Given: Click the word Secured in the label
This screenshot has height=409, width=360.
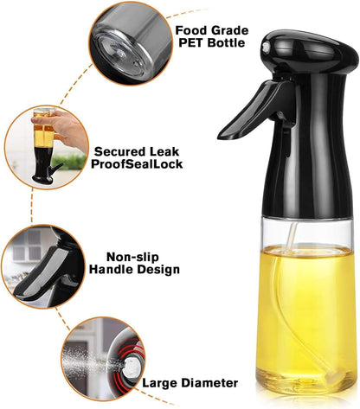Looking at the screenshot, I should click(119, 150).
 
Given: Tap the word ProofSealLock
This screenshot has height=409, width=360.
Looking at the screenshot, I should click(138, 164).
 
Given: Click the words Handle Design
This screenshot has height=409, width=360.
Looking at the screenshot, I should click(143, 270).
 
